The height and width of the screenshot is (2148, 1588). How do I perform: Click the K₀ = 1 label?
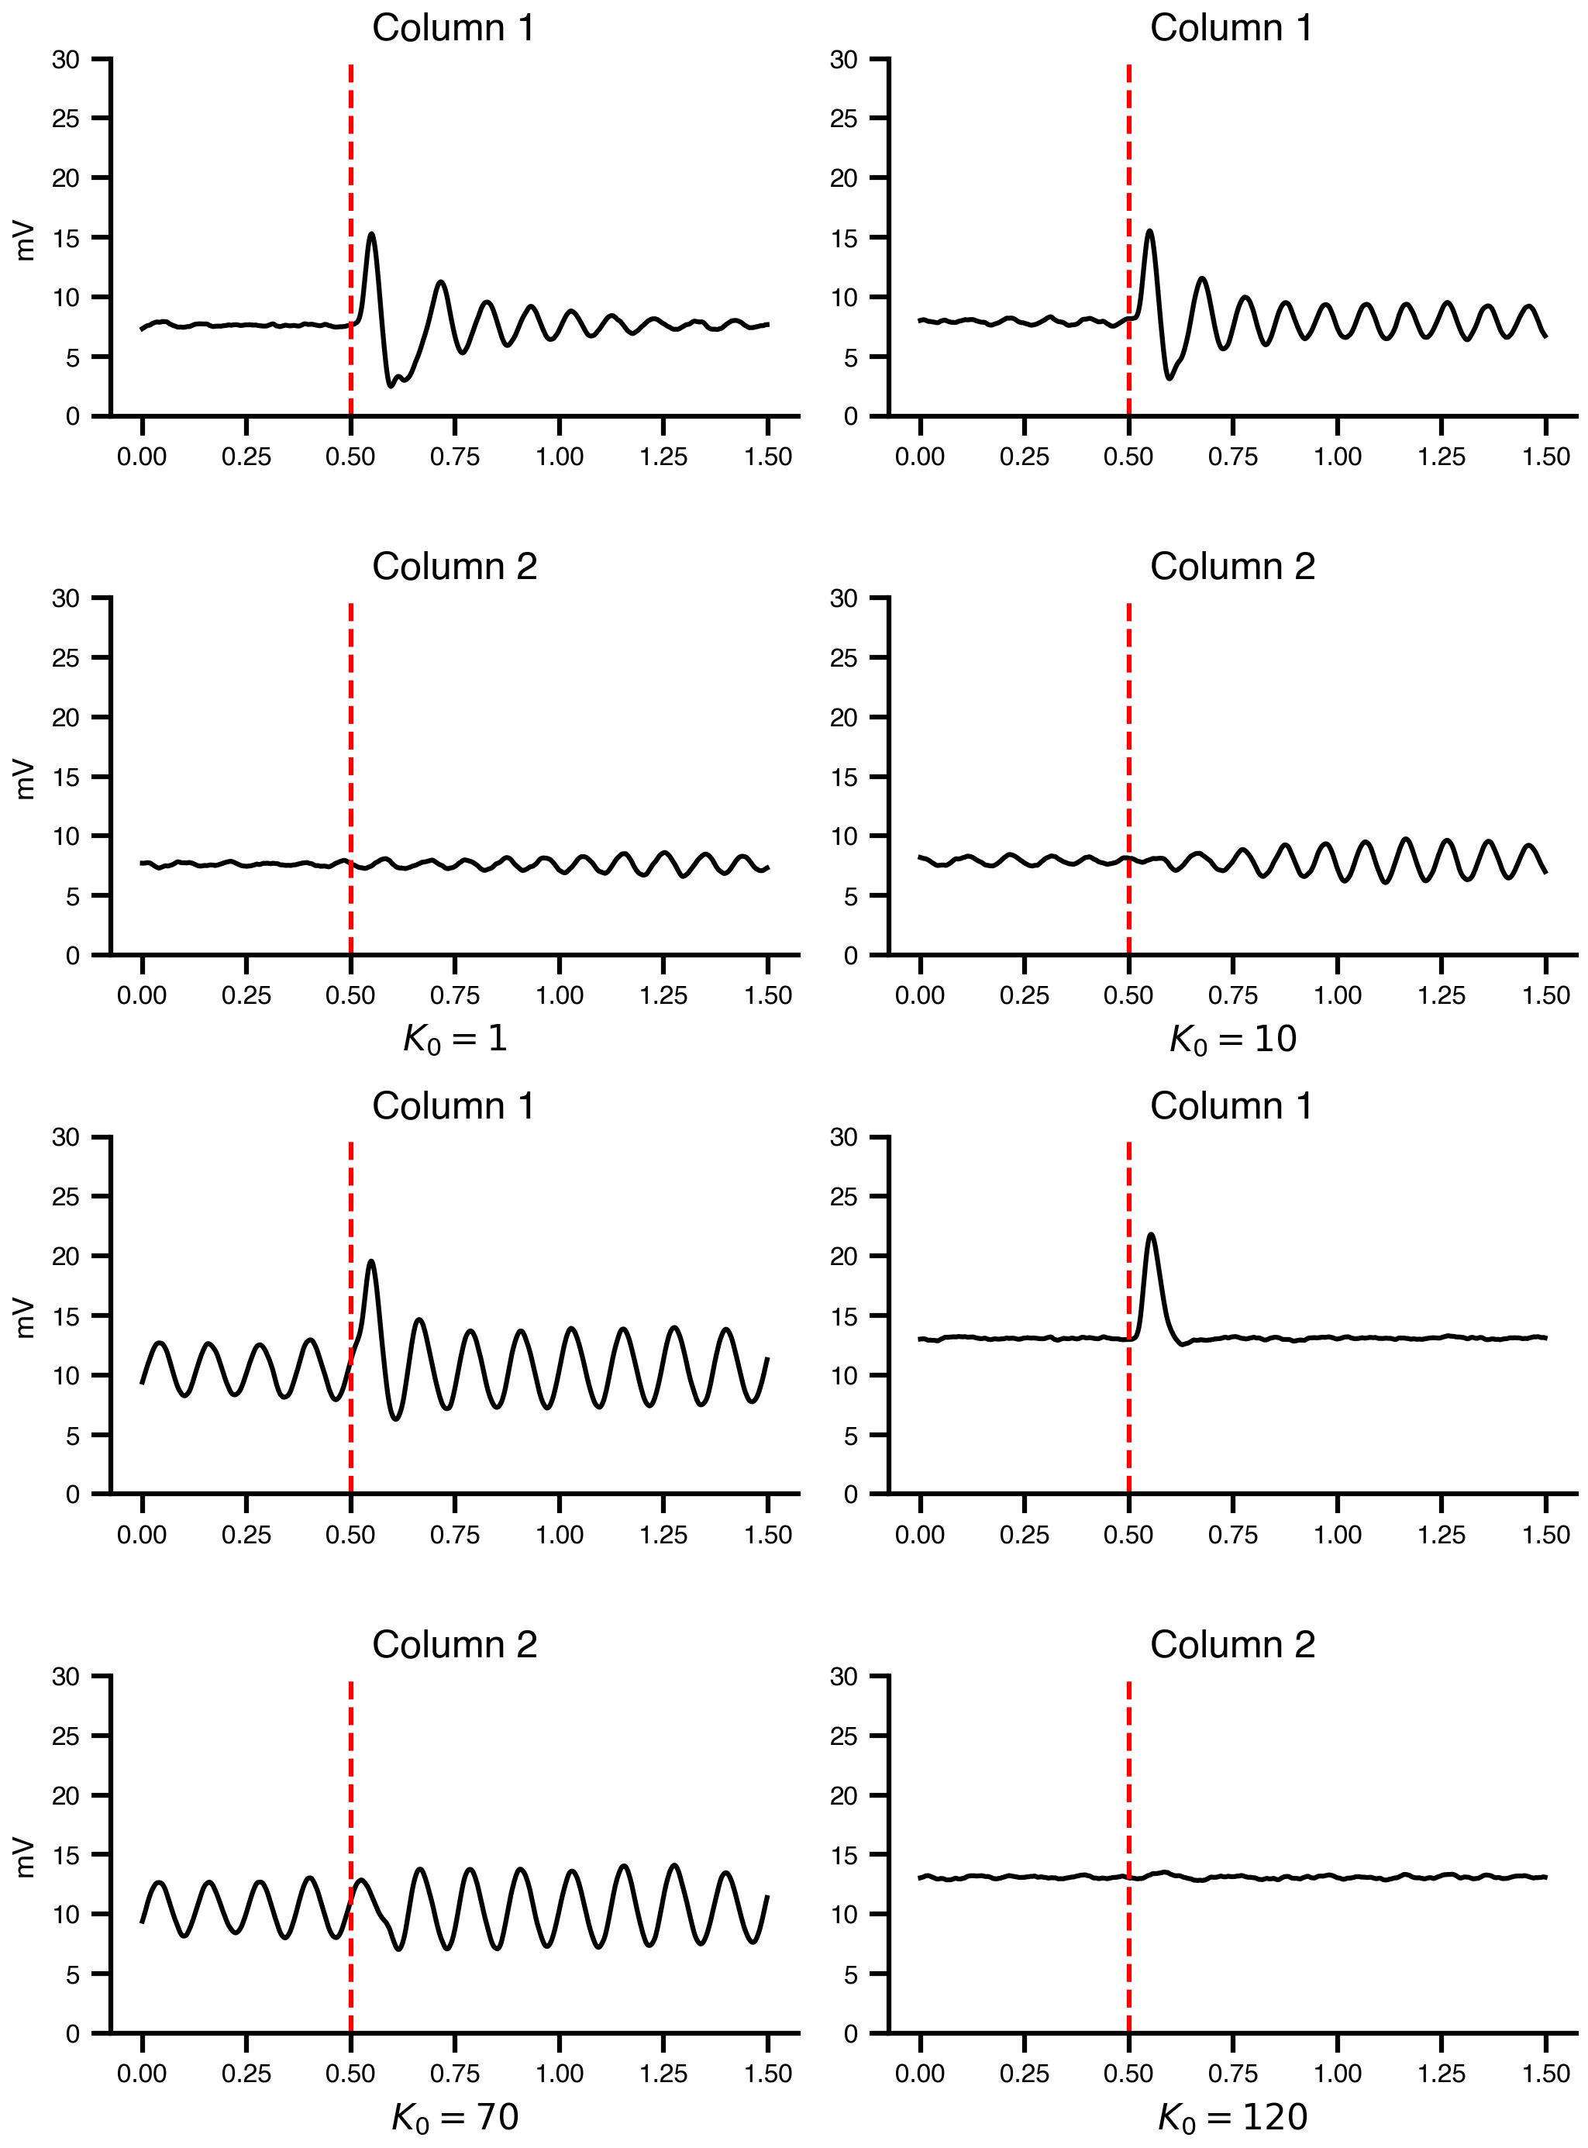click(x=455, y=1039)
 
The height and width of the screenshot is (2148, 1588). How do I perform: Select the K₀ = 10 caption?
click(x=1232, y=1039)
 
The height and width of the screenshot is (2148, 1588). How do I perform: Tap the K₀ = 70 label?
click(x=455, y=2116)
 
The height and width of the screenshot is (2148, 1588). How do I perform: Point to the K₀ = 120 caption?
click(x=1232, y=2116)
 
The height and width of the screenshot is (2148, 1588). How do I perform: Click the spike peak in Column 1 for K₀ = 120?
click(x=1151, y=1235)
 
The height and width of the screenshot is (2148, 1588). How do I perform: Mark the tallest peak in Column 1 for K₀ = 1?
click(x=371, y=233)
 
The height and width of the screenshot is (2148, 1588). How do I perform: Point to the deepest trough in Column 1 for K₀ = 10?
click(x=1169, y=378)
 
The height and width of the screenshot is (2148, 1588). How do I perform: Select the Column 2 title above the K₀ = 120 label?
click(x=1232, y=1645)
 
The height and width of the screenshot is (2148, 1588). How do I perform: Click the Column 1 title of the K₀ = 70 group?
click(x=453, y=1107)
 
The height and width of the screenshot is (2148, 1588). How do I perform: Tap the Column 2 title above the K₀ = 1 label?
click(x=455, y=567)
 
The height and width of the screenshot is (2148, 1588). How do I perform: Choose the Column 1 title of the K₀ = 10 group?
click(x=1231, y=29)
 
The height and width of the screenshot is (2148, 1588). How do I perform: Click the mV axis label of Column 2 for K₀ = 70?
click(x=25, y=1857)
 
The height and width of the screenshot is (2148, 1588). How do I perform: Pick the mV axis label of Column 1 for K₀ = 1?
click(x=25, y=240)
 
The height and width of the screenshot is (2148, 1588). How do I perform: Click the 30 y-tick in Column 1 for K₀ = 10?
click(x=843, y=60)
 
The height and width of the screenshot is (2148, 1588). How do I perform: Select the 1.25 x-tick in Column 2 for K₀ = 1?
click(x=663, y=995)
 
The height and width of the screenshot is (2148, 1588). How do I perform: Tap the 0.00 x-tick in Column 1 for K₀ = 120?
click(x=920, y=1535)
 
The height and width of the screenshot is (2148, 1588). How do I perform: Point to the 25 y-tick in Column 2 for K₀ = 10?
click(x=843, y=657)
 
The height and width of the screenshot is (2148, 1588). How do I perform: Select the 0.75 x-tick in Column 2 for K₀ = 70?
click(x=455, y=2074)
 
